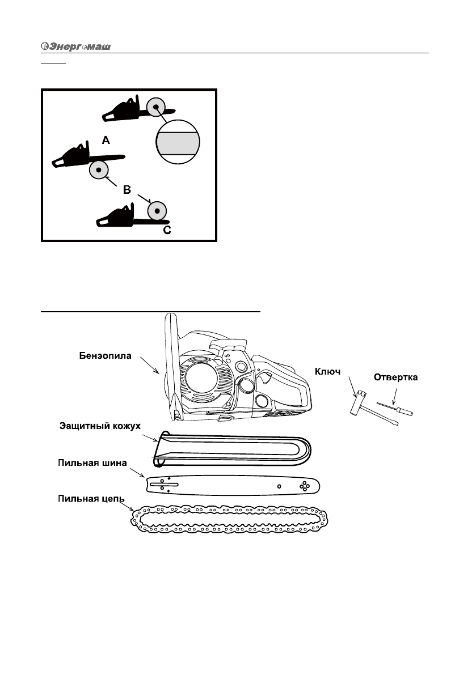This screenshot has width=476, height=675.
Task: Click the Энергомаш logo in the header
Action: pos(75,46)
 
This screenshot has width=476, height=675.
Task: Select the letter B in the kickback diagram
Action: pos(128,190)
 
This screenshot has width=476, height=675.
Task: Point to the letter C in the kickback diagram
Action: pos(167,230)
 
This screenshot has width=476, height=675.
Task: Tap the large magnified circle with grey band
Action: pos(179,141)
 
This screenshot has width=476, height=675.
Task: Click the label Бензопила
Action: pos(105,356)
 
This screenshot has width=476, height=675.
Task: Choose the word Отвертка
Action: pos(395,377)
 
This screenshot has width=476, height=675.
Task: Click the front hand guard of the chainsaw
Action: pos(170,368)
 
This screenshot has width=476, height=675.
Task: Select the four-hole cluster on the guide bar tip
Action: pos(305,486)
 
